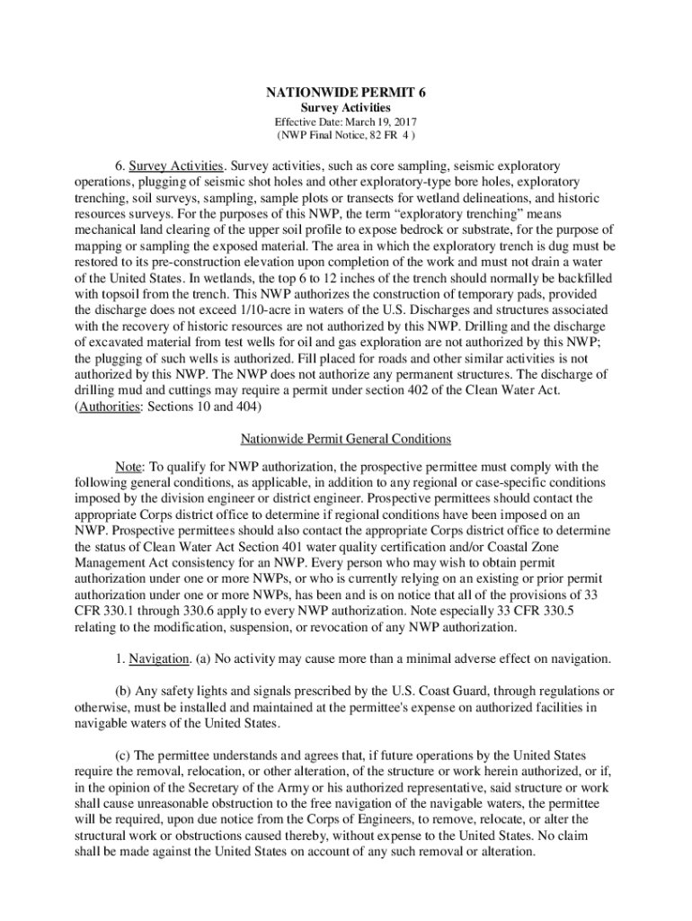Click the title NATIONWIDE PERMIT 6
point(345,92)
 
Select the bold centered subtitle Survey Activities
point(345,107)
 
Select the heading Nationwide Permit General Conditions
point(345,439)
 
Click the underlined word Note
point(129,467)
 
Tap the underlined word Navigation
point(158,658)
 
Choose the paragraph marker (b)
point(123,691)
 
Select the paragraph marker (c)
point(123,755)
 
